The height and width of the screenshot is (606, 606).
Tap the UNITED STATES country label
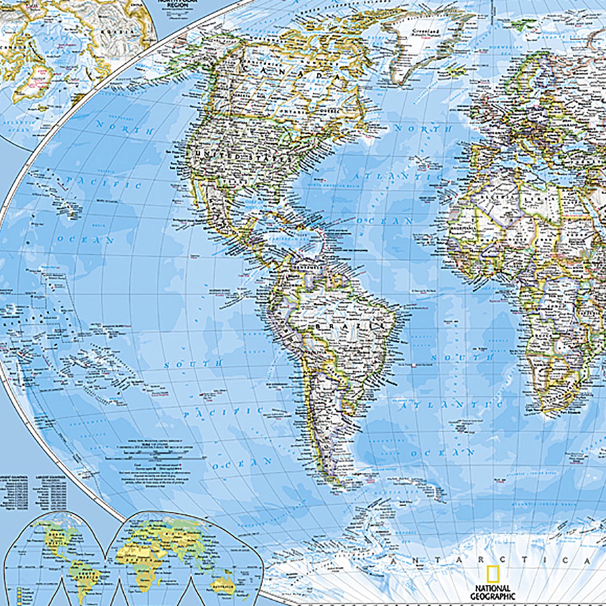click(x=239, y=157)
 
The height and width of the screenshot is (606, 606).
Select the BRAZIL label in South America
click(x=350, y=326)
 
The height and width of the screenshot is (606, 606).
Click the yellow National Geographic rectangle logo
click(x=492, y=574)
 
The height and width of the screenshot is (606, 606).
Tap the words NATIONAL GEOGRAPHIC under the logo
click(x=492, y=592)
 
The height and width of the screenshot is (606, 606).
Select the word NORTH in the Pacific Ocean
click(x=125, y=128)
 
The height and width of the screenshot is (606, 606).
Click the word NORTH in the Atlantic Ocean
click(x=423, y=129)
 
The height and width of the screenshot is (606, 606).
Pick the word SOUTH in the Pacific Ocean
click(x=193, y=364)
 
